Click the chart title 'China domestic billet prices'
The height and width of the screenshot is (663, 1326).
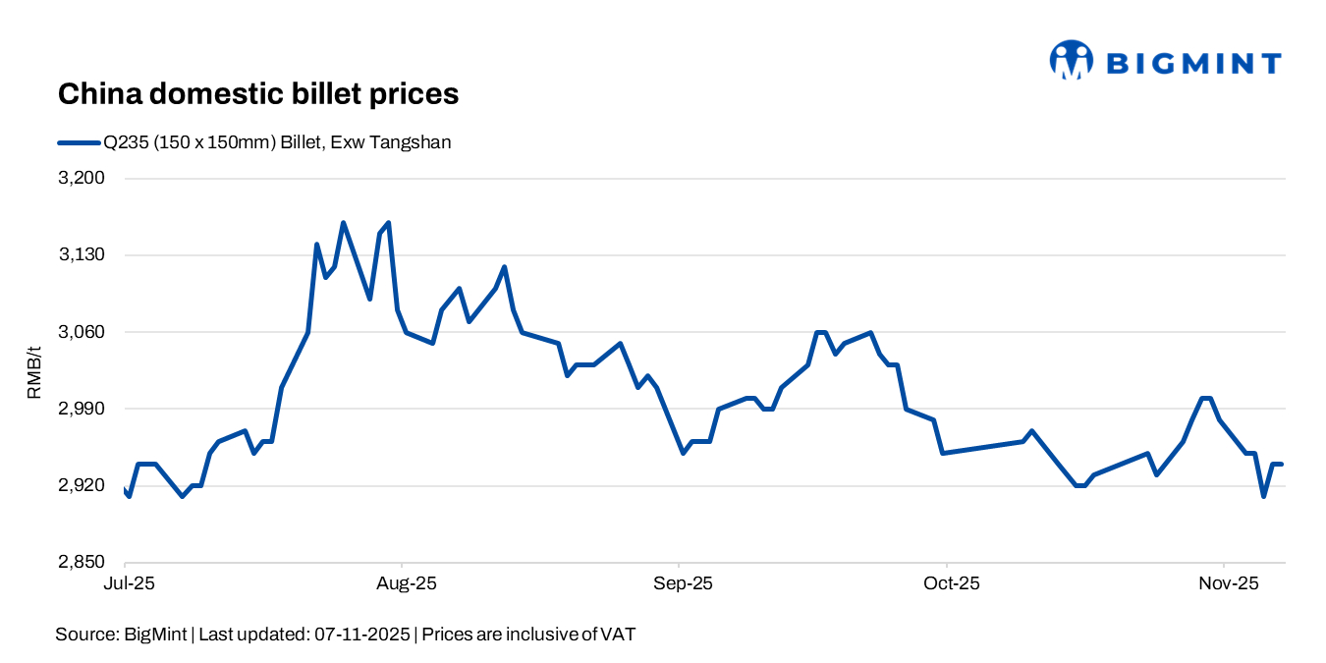[x=258, y=94]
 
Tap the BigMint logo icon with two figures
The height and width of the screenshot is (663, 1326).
[x=1071, y=60]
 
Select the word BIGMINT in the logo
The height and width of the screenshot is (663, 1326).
[x=1193, y=64]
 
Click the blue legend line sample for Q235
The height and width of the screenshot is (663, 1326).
[x=79, y=142]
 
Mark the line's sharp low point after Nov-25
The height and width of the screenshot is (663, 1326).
[x=1264, y=496]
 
